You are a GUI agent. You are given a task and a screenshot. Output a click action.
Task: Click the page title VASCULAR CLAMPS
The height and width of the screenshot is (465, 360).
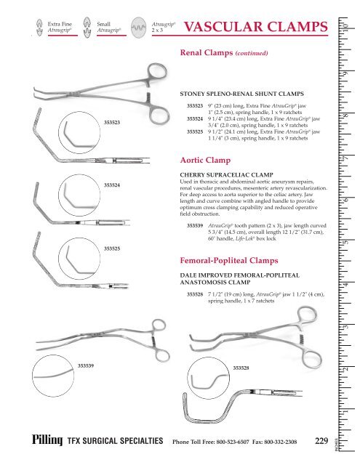tap(256, 27)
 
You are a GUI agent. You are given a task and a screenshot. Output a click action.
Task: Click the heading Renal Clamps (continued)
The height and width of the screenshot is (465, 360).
tap(224, 53)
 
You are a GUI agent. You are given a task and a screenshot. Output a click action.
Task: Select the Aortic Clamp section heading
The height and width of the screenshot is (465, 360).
tap(205, 160)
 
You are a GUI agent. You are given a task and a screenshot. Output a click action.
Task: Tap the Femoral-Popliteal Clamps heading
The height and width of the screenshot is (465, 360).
tap(229, 260)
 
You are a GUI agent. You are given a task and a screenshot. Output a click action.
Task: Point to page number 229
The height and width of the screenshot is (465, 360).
tap(321, 441)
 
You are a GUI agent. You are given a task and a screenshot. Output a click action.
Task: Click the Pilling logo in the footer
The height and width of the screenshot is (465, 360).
tap(47, 440)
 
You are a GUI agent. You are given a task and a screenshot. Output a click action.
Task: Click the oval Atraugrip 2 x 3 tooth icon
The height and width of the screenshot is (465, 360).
tap(139, 28)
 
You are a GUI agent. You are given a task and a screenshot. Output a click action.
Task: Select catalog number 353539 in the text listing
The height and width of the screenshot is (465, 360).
tap(195, 226)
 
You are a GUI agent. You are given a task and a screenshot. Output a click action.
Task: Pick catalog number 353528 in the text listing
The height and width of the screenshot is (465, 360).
tap(195, 294)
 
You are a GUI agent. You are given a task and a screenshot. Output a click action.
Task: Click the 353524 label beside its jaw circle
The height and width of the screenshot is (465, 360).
tap(112, 185)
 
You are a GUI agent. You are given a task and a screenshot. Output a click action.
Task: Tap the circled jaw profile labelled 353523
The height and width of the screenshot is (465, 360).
tap(79, 132)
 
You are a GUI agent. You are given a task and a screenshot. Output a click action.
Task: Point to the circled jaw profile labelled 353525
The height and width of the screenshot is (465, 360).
tap(79, 259)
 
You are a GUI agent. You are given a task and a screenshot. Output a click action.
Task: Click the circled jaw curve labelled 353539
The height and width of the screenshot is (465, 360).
tap(53, 376)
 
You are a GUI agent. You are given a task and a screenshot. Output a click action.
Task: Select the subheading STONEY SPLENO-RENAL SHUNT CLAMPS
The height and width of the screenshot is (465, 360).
tap(242, 94)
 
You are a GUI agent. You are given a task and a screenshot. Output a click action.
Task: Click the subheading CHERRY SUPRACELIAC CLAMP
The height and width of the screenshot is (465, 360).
tap(226, 175)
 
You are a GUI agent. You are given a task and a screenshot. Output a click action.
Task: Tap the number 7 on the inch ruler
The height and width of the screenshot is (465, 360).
tap(346, 158)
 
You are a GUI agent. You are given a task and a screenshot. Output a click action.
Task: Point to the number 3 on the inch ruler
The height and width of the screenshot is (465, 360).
tap(346, 326)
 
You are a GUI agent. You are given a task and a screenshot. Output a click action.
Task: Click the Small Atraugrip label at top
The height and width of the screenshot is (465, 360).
tap(108, 27)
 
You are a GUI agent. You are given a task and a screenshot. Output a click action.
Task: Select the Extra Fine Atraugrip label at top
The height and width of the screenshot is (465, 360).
tap(60, 27)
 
